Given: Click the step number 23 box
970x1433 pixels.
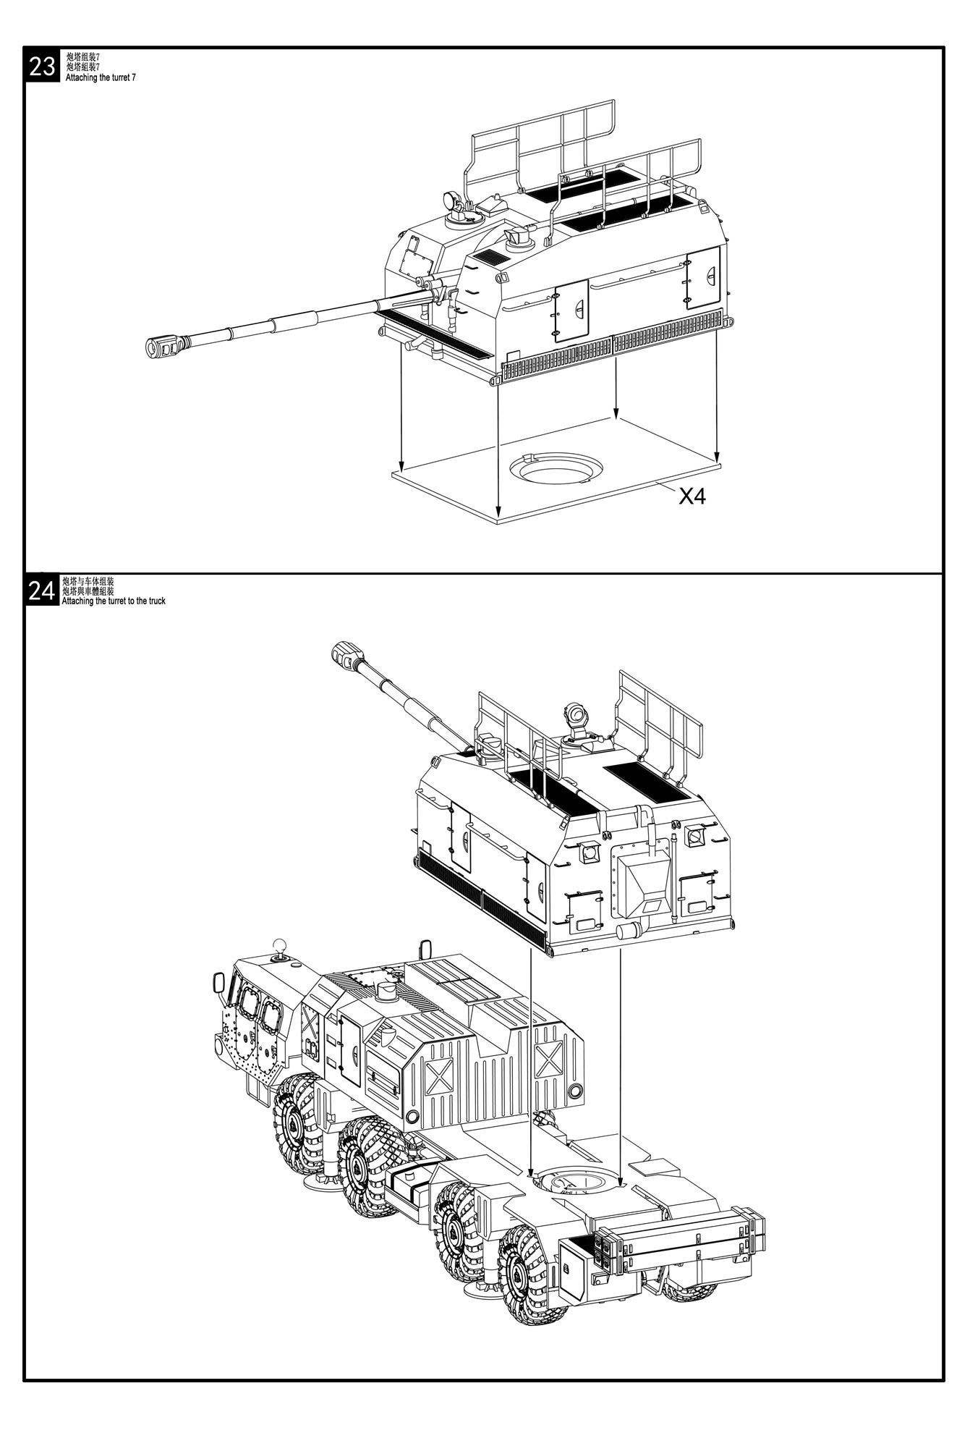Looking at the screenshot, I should tap(42, 66).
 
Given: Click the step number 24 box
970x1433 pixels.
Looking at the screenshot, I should tap(42, 591).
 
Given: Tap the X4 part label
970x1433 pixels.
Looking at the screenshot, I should tap(692, 496).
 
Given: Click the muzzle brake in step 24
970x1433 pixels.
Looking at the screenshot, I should tap(349, 656).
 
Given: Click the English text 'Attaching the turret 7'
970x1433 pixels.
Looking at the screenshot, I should tap(101, 77).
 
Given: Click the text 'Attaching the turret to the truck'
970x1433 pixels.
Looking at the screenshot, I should tap(114, 601).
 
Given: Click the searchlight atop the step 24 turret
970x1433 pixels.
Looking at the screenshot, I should tap(577, 715).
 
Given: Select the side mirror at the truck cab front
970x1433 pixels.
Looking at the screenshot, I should tap(218, 984).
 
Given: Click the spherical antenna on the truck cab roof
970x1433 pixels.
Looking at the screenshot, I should tap(280, 946).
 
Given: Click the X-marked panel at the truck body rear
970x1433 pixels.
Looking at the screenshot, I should tap(551, 1060).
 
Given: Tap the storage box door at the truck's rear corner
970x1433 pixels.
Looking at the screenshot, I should tap(579, 1264).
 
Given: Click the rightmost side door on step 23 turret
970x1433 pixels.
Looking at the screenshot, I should tap(703, 277).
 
